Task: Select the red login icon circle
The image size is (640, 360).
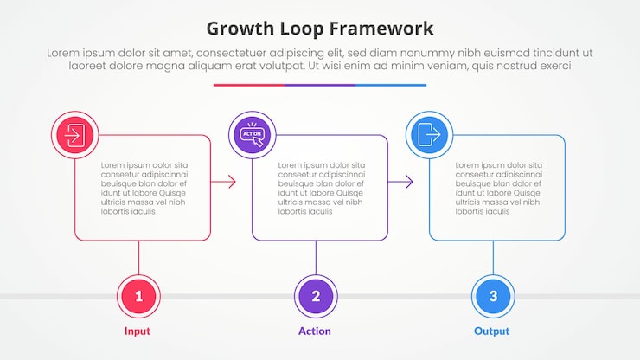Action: (x=74, y=135)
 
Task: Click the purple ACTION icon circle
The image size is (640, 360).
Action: (x=252, y=135)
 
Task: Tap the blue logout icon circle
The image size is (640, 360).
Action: (x=429, y=135)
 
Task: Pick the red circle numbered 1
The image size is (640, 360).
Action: (x=138, y=297)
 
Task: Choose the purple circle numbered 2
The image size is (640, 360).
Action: (x=316, y=297)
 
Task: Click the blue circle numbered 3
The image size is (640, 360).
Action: (x=493, y=297)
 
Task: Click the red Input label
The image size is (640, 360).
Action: (x=137, y=331)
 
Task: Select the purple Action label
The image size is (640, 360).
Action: (x=315, y=331)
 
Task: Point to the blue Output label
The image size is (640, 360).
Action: (x=491, y=331)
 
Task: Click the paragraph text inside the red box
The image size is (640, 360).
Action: (x=144, y=188)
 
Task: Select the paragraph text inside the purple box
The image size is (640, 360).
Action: (x=321, y=188)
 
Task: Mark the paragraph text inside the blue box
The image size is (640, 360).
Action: (x=499, y=188)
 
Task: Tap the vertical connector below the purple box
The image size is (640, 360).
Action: (x=316, y=257)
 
